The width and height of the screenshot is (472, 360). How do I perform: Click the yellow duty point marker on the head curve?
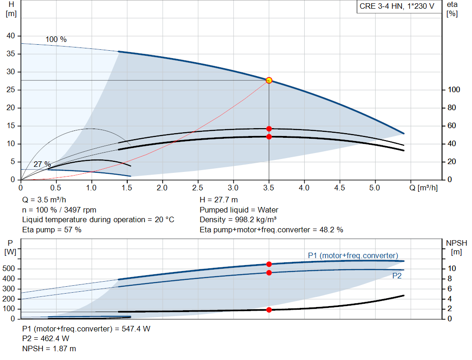click(269, 80)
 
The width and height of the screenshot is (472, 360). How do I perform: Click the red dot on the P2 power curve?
click(269, 273)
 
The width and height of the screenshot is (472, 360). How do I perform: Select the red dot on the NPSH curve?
click(269, 310)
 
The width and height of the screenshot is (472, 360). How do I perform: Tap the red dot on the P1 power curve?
click(269, 264)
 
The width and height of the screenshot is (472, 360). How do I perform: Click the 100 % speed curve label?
click(56, 40)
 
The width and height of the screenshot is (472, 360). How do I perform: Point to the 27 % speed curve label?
click(42, 165)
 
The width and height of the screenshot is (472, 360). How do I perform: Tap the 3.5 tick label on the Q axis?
click(269, 188)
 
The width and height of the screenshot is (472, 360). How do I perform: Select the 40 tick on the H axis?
click(11, 36)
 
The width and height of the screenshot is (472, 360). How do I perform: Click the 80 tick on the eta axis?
click(452, 107)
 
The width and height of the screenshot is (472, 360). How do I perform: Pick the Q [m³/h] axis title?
click(424, 188)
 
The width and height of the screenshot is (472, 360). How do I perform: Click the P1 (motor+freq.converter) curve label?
click(353, 255)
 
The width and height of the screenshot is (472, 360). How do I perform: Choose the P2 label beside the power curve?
click(397, 276)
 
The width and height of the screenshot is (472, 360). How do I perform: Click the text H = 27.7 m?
click(218, 200)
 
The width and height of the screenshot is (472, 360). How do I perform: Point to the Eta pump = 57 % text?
click(52, 230)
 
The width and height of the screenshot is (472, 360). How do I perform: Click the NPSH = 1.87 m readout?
click(49, 348)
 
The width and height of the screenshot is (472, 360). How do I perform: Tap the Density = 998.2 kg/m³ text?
click(238, 219)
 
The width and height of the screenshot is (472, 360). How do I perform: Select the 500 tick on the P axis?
click(8, 268)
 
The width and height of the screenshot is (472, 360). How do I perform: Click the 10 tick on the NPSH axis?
click(452, 268)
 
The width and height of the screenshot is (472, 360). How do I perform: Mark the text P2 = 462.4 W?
click(46, 339)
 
